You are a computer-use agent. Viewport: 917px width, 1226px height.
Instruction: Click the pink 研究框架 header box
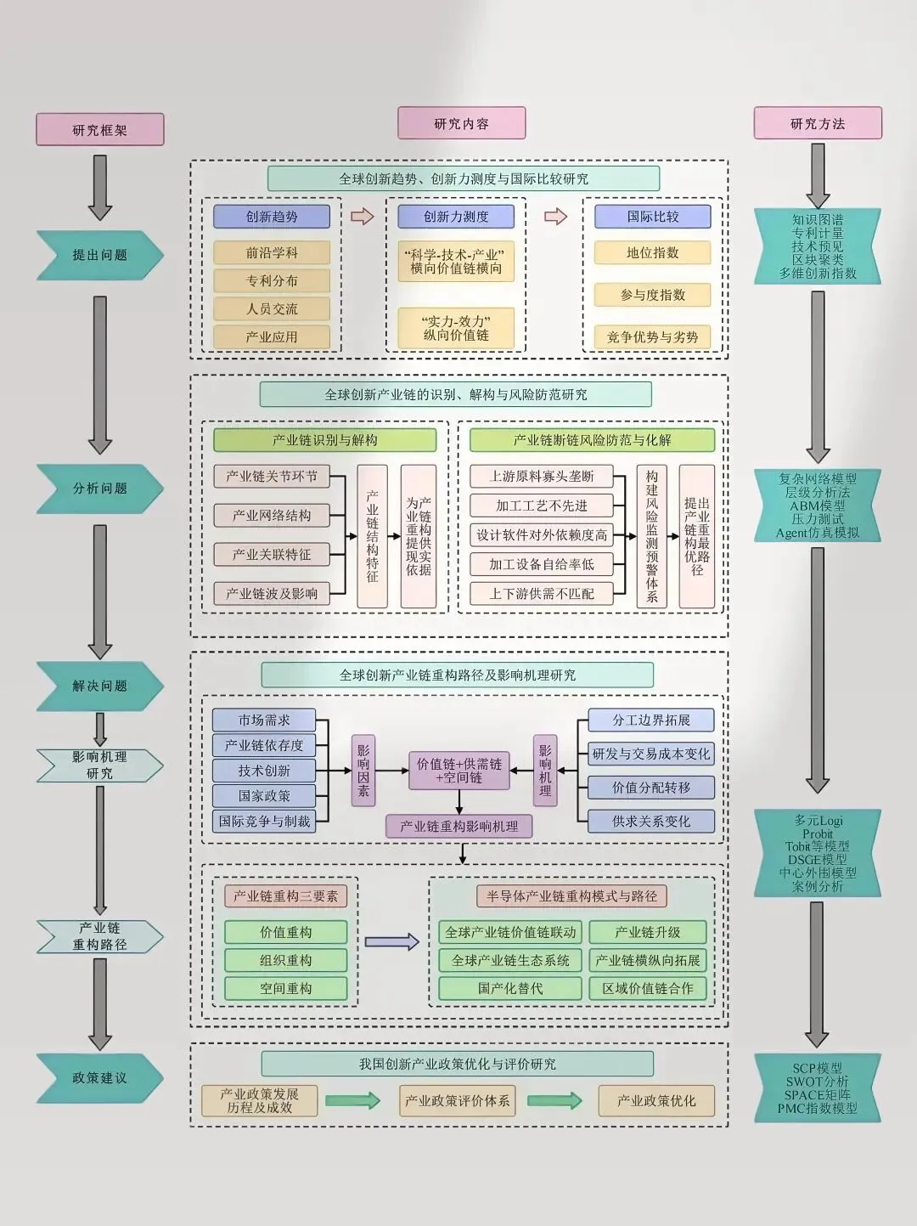coord(99,130)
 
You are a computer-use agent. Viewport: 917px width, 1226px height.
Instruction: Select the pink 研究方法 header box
coord(818,124)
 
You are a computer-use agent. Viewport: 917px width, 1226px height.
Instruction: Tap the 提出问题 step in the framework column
coord(99,255)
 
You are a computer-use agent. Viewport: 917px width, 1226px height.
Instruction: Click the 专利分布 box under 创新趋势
coord(272,281)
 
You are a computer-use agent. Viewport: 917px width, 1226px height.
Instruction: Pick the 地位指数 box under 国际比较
coord(652,252)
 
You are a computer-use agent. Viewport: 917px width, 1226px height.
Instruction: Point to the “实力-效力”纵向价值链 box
coord(456,328)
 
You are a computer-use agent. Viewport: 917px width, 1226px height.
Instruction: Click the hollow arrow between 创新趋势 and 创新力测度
coord(363,217)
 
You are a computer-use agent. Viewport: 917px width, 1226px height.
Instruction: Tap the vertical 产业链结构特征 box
coord(372,536)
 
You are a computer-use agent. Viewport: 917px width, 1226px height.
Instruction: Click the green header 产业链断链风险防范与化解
coord(592,440)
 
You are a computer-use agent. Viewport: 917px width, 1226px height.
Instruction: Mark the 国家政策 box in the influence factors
coord(264,796)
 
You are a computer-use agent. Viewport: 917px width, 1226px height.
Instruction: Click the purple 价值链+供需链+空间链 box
coord(458,771)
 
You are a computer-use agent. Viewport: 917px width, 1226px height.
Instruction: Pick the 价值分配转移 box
coord(651,788)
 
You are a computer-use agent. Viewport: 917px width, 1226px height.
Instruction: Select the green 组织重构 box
coord(285,961)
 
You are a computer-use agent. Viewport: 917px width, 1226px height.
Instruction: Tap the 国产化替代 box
coord(509,989)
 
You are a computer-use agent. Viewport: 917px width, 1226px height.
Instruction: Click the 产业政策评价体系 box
coord(457,1101)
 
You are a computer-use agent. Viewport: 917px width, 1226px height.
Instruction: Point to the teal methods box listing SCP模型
coord(817,1088)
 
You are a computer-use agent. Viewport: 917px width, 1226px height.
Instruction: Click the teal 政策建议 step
coord(99,1078)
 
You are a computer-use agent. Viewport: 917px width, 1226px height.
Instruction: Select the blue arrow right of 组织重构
coord(391,941)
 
